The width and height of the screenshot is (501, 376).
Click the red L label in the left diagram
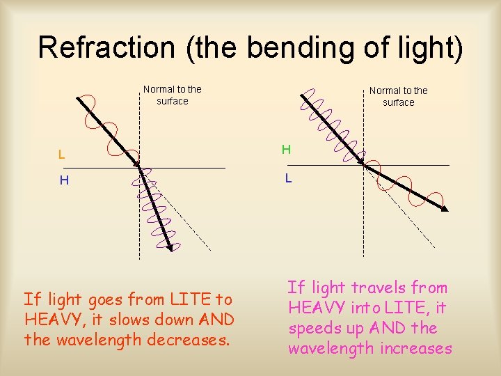[62, 154]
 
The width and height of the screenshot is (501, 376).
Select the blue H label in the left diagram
[64, 181]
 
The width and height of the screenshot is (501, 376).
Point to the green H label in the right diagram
[286, 150]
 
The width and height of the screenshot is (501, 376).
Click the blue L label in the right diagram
[288, 178]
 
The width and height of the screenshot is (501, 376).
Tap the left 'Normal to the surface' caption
[173, 95]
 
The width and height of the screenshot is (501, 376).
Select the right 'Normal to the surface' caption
[399, 96]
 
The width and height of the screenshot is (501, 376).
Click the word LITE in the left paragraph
[186, 300]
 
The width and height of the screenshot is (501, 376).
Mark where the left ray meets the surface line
[139, 169]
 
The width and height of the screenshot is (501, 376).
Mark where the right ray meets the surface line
[363, 164]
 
